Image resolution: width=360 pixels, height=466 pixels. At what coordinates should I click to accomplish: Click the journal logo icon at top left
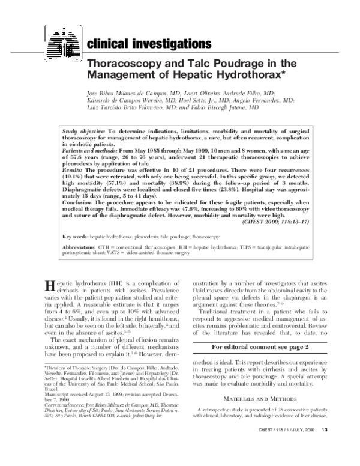point(62,40)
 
